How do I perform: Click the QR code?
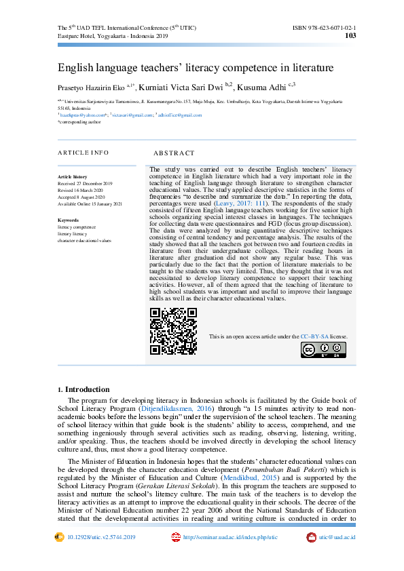174,331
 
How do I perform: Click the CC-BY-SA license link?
314,336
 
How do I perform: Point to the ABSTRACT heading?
174,153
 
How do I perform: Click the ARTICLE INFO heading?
83,153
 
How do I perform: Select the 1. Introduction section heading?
84,389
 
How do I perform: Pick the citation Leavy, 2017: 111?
240,203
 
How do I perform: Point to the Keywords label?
69,220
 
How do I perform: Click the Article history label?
72,176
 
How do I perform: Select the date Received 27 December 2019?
86,184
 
